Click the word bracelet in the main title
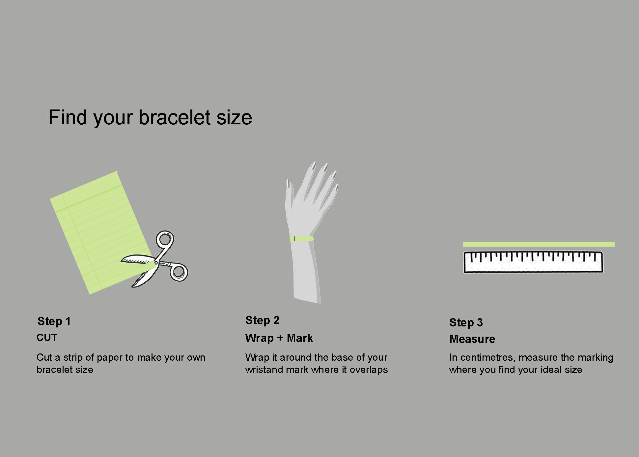click(174, 117)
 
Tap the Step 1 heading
click(54, 321)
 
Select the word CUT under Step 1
click(47, 337)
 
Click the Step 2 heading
click(262, 320)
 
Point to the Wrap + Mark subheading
click(279, 338)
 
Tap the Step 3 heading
click(466, 322)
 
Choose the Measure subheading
click(472, 339)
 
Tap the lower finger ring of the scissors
click(179, 272)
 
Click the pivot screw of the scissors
click(156, 263)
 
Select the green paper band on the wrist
click(301, 238)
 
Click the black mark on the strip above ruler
click(564, 244)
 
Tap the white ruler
click(533, 262)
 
